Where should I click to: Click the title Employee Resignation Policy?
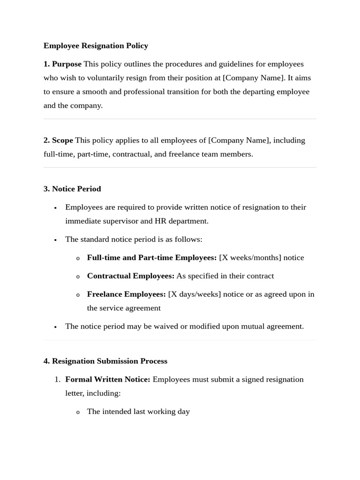point(96,45)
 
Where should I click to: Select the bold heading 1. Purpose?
point(62,64)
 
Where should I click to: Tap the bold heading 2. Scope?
point(58,140)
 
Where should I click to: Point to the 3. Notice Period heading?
point(72,188)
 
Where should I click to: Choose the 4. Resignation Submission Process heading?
point(105,361)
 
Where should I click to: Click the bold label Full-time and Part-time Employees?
point(152,257)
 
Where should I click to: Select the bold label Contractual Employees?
point(131,276)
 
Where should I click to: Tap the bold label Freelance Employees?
point(127,294)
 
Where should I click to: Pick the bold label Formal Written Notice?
point(108,379)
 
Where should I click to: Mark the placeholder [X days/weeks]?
point(195,294)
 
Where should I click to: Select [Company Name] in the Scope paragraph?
point(239,140)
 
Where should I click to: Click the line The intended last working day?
point(138,412)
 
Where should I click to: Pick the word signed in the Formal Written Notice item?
point(252,379)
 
